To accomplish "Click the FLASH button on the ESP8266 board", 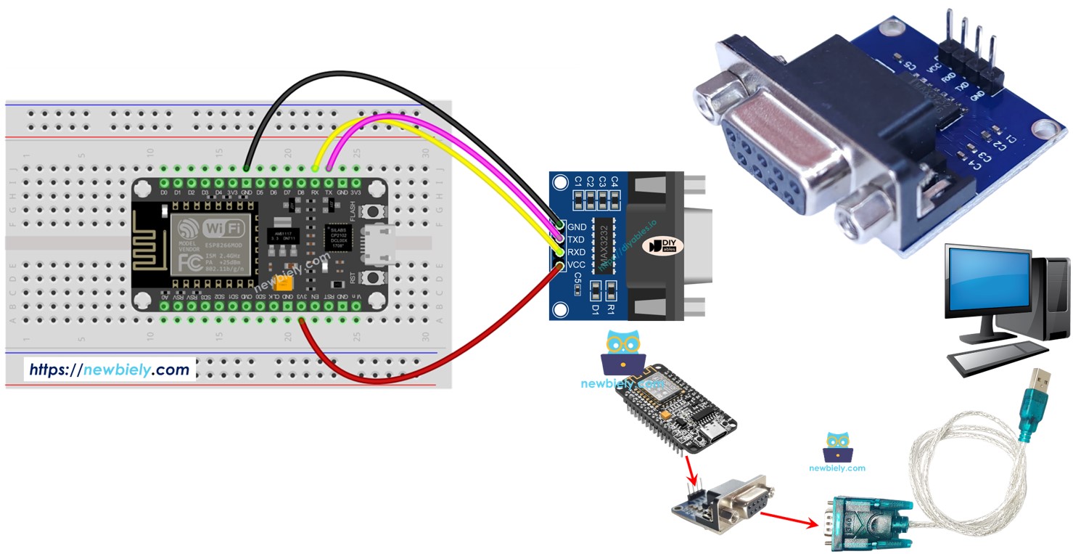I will (374, 211).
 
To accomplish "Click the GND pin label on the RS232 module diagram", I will (577, 227).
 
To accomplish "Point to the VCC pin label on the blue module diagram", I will (577, 265).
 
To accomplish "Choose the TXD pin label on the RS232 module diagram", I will (577, 240).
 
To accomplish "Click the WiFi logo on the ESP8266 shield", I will (223, 228).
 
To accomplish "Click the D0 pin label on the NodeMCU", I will (165, 192).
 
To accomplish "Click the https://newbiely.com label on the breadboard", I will (110, 370).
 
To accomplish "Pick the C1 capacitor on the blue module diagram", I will (578, 196).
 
